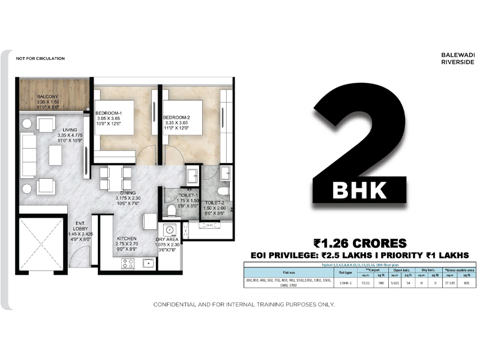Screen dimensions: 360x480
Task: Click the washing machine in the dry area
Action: click(x=170, y=230)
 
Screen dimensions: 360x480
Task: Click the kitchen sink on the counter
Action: click(x=147, y=263)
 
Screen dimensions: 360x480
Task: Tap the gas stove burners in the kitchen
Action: click(x=128, y=263)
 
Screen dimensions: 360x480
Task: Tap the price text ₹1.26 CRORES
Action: click(x=360, y=243)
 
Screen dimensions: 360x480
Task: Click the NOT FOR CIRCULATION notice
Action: click(x=40, y=58)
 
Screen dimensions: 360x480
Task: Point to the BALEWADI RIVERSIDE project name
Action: click(x=458, y=58)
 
